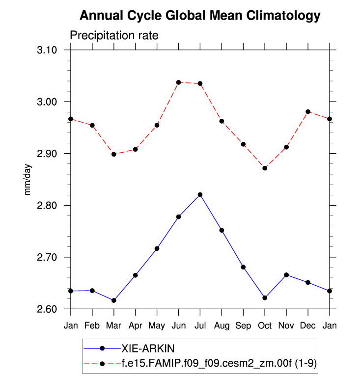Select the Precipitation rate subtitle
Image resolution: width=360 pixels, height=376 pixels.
(113, 36)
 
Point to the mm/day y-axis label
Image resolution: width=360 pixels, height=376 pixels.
(28, 180)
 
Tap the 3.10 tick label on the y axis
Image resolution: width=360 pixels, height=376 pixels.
(47, 50)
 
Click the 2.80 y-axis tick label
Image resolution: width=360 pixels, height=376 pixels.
(47, 205)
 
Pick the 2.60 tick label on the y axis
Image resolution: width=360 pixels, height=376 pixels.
(47, 309)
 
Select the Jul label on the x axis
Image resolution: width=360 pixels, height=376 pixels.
(200, 325)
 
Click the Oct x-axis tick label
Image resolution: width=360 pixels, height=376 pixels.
(265, 325)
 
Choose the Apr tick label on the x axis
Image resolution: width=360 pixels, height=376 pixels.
(135, 325)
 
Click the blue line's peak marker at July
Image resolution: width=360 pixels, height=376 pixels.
(200, 194)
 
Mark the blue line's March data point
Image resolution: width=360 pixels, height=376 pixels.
(114, 300)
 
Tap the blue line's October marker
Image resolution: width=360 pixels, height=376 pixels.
(265, 298)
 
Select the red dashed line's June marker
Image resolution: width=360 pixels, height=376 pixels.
(178, 82)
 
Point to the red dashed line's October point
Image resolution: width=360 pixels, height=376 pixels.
(265, 168)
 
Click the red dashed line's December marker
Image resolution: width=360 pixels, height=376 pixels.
(308, 112)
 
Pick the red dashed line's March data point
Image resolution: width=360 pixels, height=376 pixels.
(114, 154)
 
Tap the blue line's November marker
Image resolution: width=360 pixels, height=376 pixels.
(286, 275)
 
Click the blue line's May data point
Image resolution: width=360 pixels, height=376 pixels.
(157, 248)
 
